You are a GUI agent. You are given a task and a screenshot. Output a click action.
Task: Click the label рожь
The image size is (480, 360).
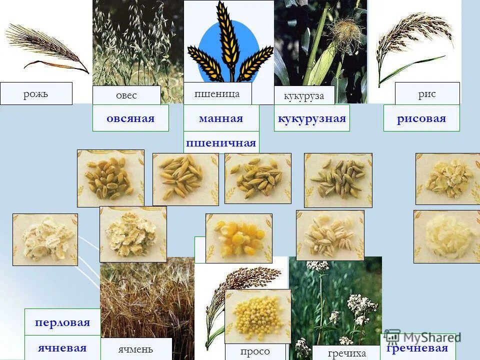pos(36,93)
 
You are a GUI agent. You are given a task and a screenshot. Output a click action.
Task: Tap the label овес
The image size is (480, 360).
pos(126,95)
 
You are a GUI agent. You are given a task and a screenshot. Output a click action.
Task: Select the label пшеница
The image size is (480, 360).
pos(217,93)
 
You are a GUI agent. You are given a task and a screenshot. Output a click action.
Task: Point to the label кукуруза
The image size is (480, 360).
pos(304,95)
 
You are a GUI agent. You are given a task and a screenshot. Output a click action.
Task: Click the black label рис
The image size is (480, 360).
pos(427,93)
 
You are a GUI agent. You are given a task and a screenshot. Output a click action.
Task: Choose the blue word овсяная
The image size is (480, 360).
pos(130,118)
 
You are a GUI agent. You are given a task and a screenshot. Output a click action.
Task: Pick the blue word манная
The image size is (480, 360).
pos(221,118)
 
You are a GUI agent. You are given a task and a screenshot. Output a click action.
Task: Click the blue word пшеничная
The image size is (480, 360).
pos(221,143)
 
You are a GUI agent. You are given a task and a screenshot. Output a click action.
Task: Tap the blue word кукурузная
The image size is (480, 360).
pos(311,118)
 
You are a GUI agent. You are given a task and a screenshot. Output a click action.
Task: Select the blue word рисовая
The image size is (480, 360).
pos(421,118)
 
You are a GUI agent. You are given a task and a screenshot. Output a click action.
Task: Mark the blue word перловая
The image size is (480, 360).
pos(62,322)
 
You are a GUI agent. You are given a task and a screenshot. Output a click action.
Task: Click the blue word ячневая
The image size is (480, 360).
pos(62,348)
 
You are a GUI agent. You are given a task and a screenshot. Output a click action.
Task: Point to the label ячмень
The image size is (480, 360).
pos(136,349)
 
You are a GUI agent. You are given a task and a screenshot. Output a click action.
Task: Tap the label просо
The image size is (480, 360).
pos(255,351)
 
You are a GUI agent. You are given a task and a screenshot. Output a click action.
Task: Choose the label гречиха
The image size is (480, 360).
pos(347,353)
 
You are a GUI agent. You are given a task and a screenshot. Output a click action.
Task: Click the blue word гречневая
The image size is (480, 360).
pos(417,348)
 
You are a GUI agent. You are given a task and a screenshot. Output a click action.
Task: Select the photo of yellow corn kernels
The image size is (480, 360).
pos(239,238)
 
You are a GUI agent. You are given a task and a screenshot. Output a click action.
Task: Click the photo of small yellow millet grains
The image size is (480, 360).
pos(257,316)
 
